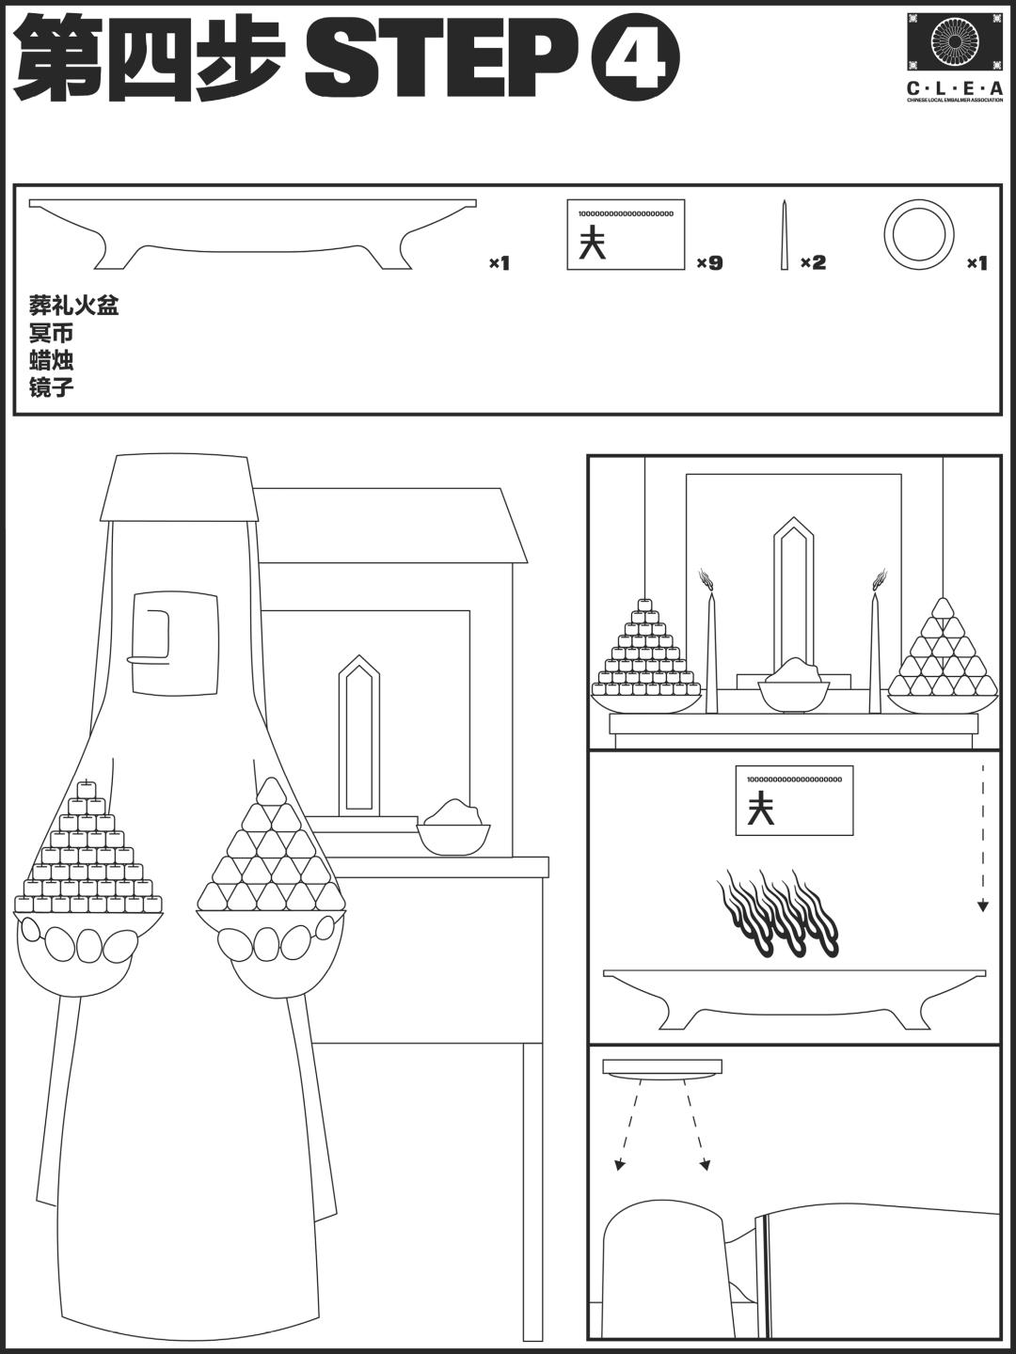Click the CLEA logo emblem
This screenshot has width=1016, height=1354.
(954, 41)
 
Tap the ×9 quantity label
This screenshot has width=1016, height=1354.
(709, 263)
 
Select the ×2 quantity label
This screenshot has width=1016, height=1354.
(813, 263)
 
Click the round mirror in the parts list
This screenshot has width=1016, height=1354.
(918, 233)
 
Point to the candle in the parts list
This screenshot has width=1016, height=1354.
(784, 235)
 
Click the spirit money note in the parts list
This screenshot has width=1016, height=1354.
(626, 235)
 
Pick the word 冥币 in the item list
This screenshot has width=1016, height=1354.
(51, 334)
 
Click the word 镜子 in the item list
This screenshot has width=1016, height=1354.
(51, 387)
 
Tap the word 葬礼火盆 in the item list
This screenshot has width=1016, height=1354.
(73, 307)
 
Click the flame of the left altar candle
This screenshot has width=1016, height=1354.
(706, 580)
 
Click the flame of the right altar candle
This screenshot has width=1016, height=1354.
(879, 580)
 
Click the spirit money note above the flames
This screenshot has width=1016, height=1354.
(794, 800)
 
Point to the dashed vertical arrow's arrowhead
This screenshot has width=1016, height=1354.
(982, 905)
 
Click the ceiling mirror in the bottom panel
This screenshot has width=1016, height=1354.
(662, 1068)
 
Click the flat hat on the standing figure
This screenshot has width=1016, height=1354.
(179, 487)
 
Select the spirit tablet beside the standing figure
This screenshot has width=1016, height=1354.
(359, 736)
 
